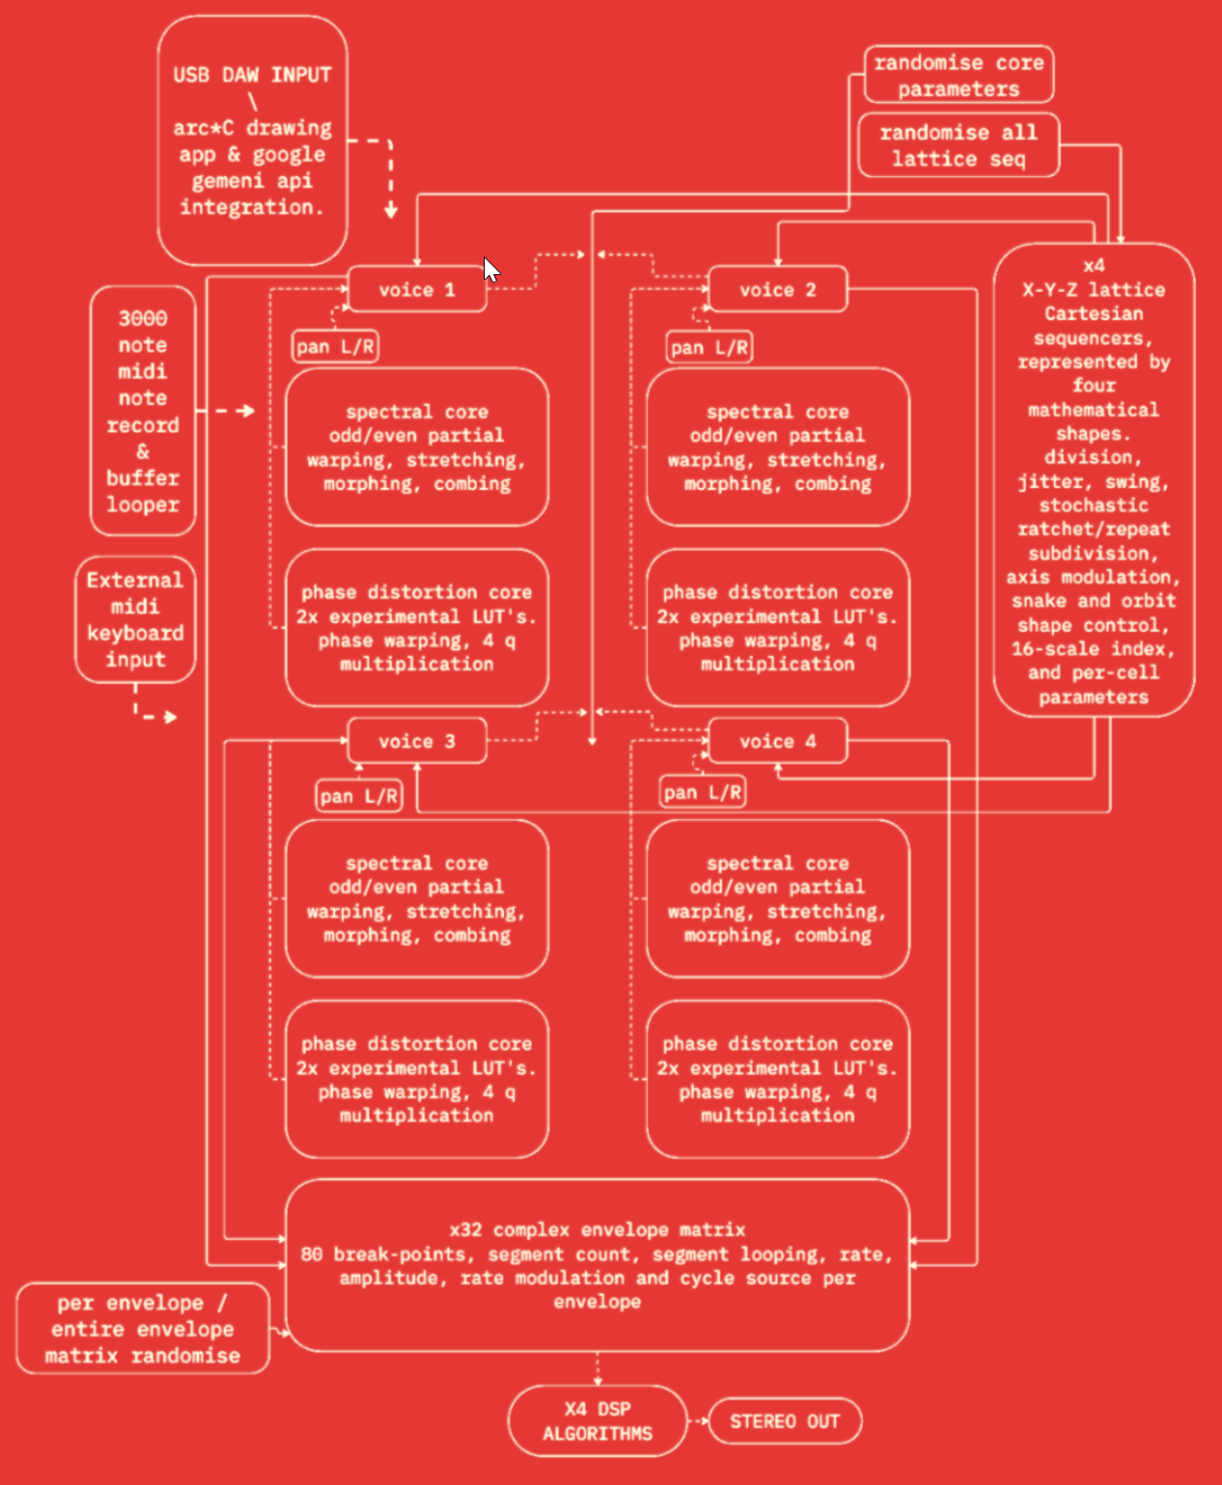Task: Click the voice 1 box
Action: [417, 290]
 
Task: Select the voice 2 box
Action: [777, 290]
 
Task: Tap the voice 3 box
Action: [417, 742]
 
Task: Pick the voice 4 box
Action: [777, 742]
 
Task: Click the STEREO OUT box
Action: [785, 1422]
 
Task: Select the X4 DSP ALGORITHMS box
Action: [597, 1421]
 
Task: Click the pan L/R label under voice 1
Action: [335, 347]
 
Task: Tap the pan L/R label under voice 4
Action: [702, 792]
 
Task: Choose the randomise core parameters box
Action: [959, 75]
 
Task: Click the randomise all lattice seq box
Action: [959, 146]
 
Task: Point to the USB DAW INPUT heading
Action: [253, 75]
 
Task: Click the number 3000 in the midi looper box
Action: [143, 319]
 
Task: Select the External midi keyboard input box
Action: [135, 620]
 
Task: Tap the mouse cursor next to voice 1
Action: [492, 269]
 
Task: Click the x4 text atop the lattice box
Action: [1094, 265]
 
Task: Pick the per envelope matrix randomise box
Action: [143, 1330]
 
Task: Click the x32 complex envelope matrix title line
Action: [597, 1229]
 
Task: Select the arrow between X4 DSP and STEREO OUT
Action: [698, 1422]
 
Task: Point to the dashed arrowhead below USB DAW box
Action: [390, 211]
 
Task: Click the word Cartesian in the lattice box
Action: [1094, 313]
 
